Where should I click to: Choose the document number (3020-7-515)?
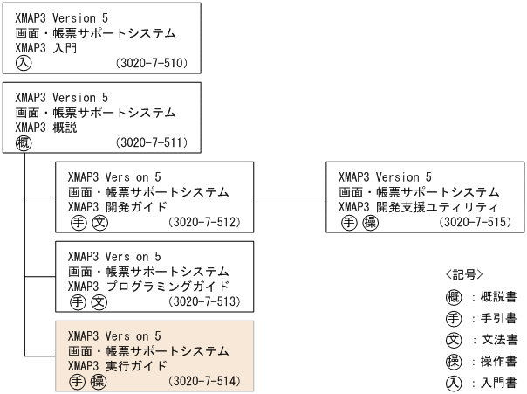click(x=477, y=223)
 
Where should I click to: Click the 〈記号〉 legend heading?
click(x=463, y=274)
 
